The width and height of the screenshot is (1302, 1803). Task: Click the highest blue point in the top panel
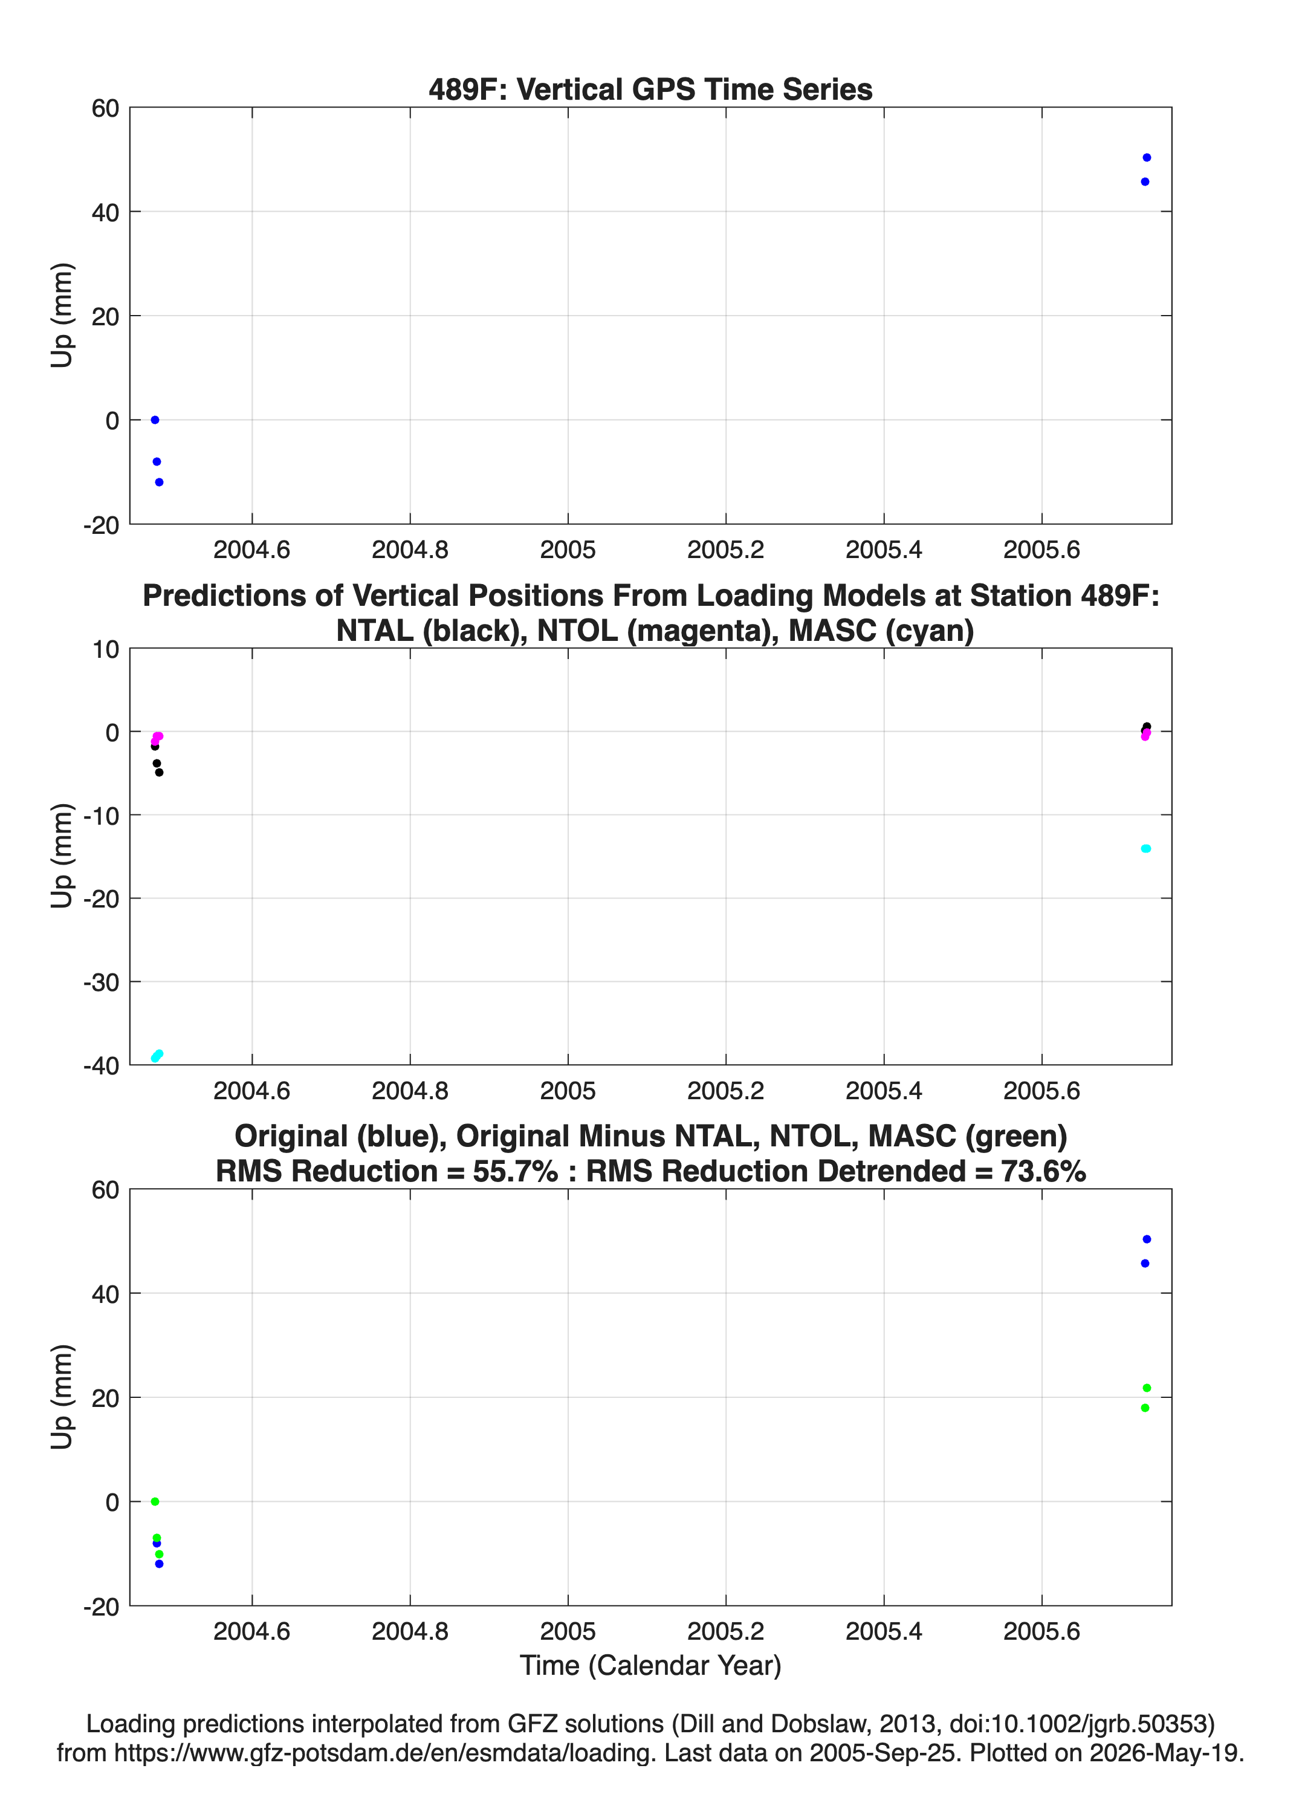pyautogui.click(x=1146, y=157)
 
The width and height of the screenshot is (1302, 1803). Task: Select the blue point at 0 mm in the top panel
pyautogui.click(x=155, y=420)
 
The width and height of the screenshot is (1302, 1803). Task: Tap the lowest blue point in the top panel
pyautogui.click(x=159, y=482)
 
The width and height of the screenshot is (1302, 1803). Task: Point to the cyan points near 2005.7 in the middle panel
pyautogui.click(x=1145, y=848)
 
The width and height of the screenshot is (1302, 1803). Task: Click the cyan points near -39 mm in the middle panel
pyautogui.click(x=157, y=1056)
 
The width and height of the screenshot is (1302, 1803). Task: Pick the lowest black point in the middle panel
pyautogui.click(x=159, y=772)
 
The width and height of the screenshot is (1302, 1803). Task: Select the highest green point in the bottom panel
pyautogui.click(x=1146, y=1388)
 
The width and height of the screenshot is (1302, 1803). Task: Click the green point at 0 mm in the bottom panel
pyautogui.click(x=155, y=1502)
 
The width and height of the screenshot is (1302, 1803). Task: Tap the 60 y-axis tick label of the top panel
pyautogui.click(x=105, y=108)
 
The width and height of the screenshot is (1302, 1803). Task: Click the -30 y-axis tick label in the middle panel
pyautogui.click(x=101, y=983)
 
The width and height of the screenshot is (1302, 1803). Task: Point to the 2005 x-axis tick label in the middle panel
pyautogui.click(x=568, y=1090)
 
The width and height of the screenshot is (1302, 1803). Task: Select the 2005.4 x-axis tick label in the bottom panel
pyautogui.click(x=884, y=1631)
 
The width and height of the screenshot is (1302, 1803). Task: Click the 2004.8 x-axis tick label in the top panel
pyautogui.click(x=410, y=550)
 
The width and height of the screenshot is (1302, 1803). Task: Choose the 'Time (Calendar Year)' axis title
pyautogui.click(x=650, y=1666)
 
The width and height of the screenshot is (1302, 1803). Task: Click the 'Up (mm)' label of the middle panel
pyautogui.click(x=62, y=856)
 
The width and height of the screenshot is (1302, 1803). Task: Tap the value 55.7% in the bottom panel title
pyautogui.click(x=515, y=1171)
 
